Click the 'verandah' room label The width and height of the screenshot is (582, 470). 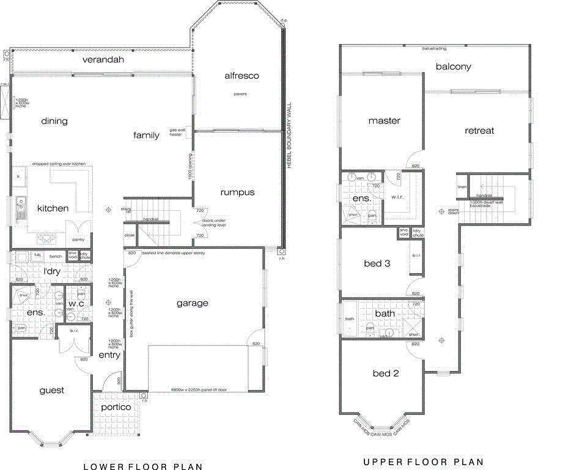pyautogui.click(x=103, y=60)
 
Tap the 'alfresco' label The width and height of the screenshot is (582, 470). pyautogui.click(x=241, y=76)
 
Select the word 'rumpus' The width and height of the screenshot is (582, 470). pyautogui.click(x=237, y=192)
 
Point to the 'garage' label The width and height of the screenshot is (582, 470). pyautogui.click(x=193, y=303)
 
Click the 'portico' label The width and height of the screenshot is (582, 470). pyautogui.click(x=116, y=407)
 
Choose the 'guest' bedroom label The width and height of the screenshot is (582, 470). pyautogui.click(x=52, y=391)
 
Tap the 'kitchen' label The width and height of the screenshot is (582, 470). pyautogui.click(x=53, y=208)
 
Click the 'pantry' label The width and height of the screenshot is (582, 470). pyautogui.click(x=78, y=240)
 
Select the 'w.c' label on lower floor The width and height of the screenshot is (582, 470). pyautogui.click(x=76, y=304)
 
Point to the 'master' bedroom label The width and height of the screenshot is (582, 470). pyautogui.click(x=384, y=121)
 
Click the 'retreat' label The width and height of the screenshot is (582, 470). pyautogui.click(x=479, y=131)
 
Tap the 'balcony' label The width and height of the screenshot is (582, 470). pyautogui.click(x=453, y=67)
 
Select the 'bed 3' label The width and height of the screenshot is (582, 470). pyautogui.click(x=377, y=263)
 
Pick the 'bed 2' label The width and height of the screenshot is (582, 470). pyautogui.click(x=386, y=373)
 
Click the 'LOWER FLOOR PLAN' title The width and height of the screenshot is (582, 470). pyautogui.click(x=142, y=466)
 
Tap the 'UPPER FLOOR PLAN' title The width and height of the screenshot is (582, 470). pyautogui.click(x=423, y=462)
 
